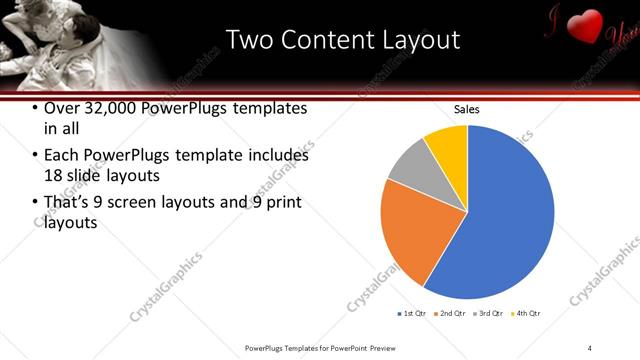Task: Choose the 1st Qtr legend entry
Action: (x=415, y=314)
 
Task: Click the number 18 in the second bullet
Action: (x=54, y=176)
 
